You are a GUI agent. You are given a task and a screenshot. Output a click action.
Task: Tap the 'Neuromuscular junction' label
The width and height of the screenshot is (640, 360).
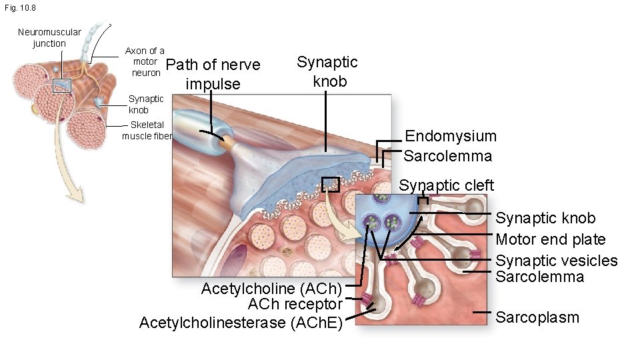tap(49, 37)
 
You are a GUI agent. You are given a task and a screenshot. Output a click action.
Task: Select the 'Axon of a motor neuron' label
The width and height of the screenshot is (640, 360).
tap(145, 61)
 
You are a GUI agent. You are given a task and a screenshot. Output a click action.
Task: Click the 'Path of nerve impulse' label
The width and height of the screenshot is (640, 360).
tap(213, 74)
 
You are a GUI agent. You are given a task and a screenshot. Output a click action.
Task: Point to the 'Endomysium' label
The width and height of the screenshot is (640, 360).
tap(451, 136)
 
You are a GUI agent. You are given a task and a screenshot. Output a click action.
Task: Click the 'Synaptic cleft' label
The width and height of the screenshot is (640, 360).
tap(446, 185)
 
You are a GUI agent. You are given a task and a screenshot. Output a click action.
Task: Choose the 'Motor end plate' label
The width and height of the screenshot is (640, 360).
tap(550, 239)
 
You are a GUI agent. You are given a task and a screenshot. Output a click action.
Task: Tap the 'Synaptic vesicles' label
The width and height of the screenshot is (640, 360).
tap(556, 261)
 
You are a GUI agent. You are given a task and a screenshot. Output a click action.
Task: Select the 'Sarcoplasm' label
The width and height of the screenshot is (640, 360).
tap(537, 317)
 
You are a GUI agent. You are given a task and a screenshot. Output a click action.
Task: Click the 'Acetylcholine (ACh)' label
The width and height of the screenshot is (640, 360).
tap(271, 289)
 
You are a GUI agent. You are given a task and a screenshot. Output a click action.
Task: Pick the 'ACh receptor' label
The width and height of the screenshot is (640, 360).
tap(295, 305)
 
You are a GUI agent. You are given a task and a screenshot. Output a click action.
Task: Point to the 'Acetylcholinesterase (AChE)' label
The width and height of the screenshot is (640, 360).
tap(241, 323)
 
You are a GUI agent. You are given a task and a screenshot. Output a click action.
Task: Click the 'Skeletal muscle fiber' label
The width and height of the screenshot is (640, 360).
tap(147, 130)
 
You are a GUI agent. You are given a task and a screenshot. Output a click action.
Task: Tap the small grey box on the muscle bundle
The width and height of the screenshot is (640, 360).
tap(62, 85)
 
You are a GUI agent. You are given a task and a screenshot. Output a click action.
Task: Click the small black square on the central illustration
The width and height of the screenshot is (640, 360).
tap(330, 184)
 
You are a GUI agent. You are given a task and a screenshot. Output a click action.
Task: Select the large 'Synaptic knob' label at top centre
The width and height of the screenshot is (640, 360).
tap(327, 71)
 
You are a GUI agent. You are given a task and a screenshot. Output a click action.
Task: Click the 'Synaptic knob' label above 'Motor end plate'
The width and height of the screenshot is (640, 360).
tap(545, 218)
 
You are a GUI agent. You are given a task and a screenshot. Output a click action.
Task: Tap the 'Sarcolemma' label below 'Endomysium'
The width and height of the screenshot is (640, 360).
tap(447, 156)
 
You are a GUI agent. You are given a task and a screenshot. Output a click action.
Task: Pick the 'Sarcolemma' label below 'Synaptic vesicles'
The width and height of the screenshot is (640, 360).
tap(539, 277)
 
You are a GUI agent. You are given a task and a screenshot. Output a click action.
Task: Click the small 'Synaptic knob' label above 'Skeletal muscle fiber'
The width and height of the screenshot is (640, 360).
tap(145, 105)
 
